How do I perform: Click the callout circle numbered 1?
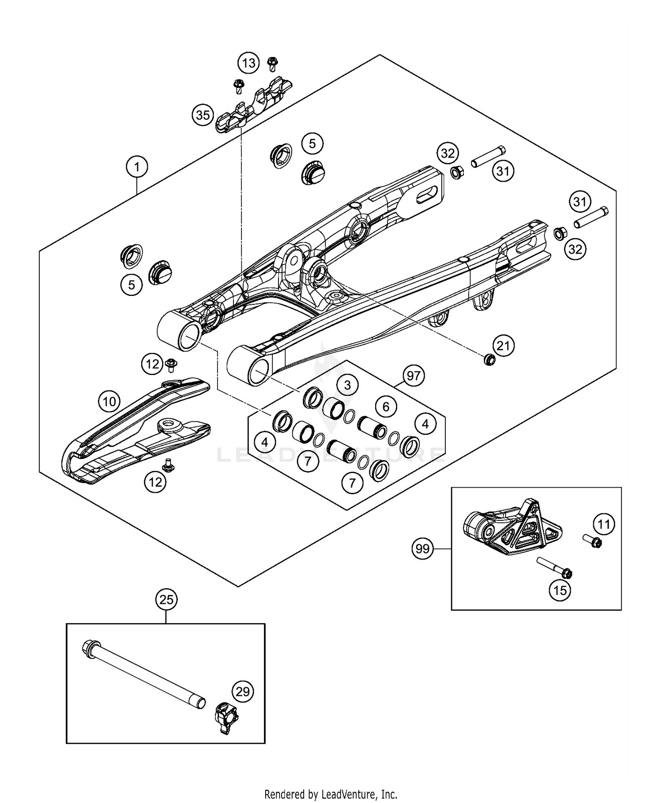pos(137,167)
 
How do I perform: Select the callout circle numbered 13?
pos(248,63)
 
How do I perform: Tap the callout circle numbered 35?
pos(203,115)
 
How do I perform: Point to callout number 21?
pos(503,346)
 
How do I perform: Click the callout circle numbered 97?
pos(414,376)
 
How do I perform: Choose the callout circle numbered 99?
pos(422,549)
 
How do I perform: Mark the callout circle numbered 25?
pos(166,600)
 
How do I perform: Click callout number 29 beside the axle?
pos(243,691)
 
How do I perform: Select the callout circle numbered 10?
pos(109,401)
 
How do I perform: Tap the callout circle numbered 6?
pos(386,406)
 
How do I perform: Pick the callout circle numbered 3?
pos(347,385)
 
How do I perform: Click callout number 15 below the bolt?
pos(560,590)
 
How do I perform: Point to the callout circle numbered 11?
pos(603,524)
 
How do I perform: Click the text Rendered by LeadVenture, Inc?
pos(331,794)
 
